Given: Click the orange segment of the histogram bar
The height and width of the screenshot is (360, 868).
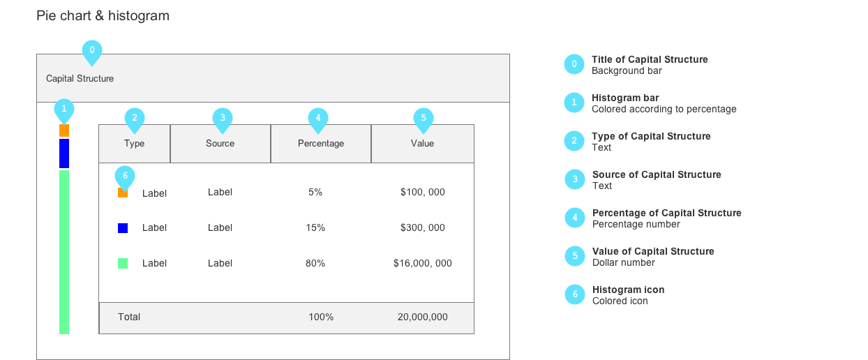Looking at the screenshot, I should (x=64, y=130).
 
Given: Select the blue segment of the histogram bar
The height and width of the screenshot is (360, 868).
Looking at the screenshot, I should (x=64, y=153).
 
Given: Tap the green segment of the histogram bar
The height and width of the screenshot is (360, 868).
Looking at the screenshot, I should (x=64, y=252).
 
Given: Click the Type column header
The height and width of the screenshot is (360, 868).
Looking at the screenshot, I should (x=135, y=144).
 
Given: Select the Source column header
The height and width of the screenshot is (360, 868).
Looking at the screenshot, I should (x=220, y=144).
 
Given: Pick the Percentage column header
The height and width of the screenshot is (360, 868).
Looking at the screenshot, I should (x=321, y=144).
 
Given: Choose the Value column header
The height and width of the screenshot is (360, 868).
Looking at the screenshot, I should (x=423, y=144).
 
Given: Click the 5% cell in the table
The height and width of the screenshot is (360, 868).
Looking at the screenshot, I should (x=315, y=192).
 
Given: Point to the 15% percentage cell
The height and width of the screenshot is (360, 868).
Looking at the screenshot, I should (x=315, y=227).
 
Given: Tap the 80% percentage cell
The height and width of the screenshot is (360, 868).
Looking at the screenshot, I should (x=315, y=263).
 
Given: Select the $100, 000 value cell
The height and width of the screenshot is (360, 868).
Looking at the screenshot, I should (x=423, y=192).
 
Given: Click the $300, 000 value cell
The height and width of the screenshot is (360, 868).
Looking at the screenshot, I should (x=423, y=227).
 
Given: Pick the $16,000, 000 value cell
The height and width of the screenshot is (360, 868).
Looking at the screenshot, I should (x=423, y=263).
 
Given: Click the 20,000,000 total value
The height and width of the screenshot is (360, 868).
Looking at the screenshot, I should (x=423, y=317).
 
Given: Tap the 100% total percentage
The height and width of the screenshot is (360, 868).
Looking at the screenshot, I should (x=321, y=317).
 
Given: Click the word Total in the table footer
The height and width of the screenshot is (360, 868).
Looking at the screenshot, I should (x=129, y=317).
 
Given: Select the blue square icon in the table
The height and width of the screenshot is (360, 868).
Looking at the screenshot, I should (x=123, y=227).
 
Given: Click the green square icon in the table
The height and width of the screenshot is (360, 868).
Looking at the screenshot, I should (x=123, y=263).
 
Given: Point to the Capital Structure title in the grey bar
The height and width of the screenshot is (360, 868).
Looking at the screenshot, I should (x=80, y=78).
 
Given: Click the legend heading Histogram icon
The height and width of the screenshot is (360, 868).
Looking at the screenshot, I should (x=628, y=290).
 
